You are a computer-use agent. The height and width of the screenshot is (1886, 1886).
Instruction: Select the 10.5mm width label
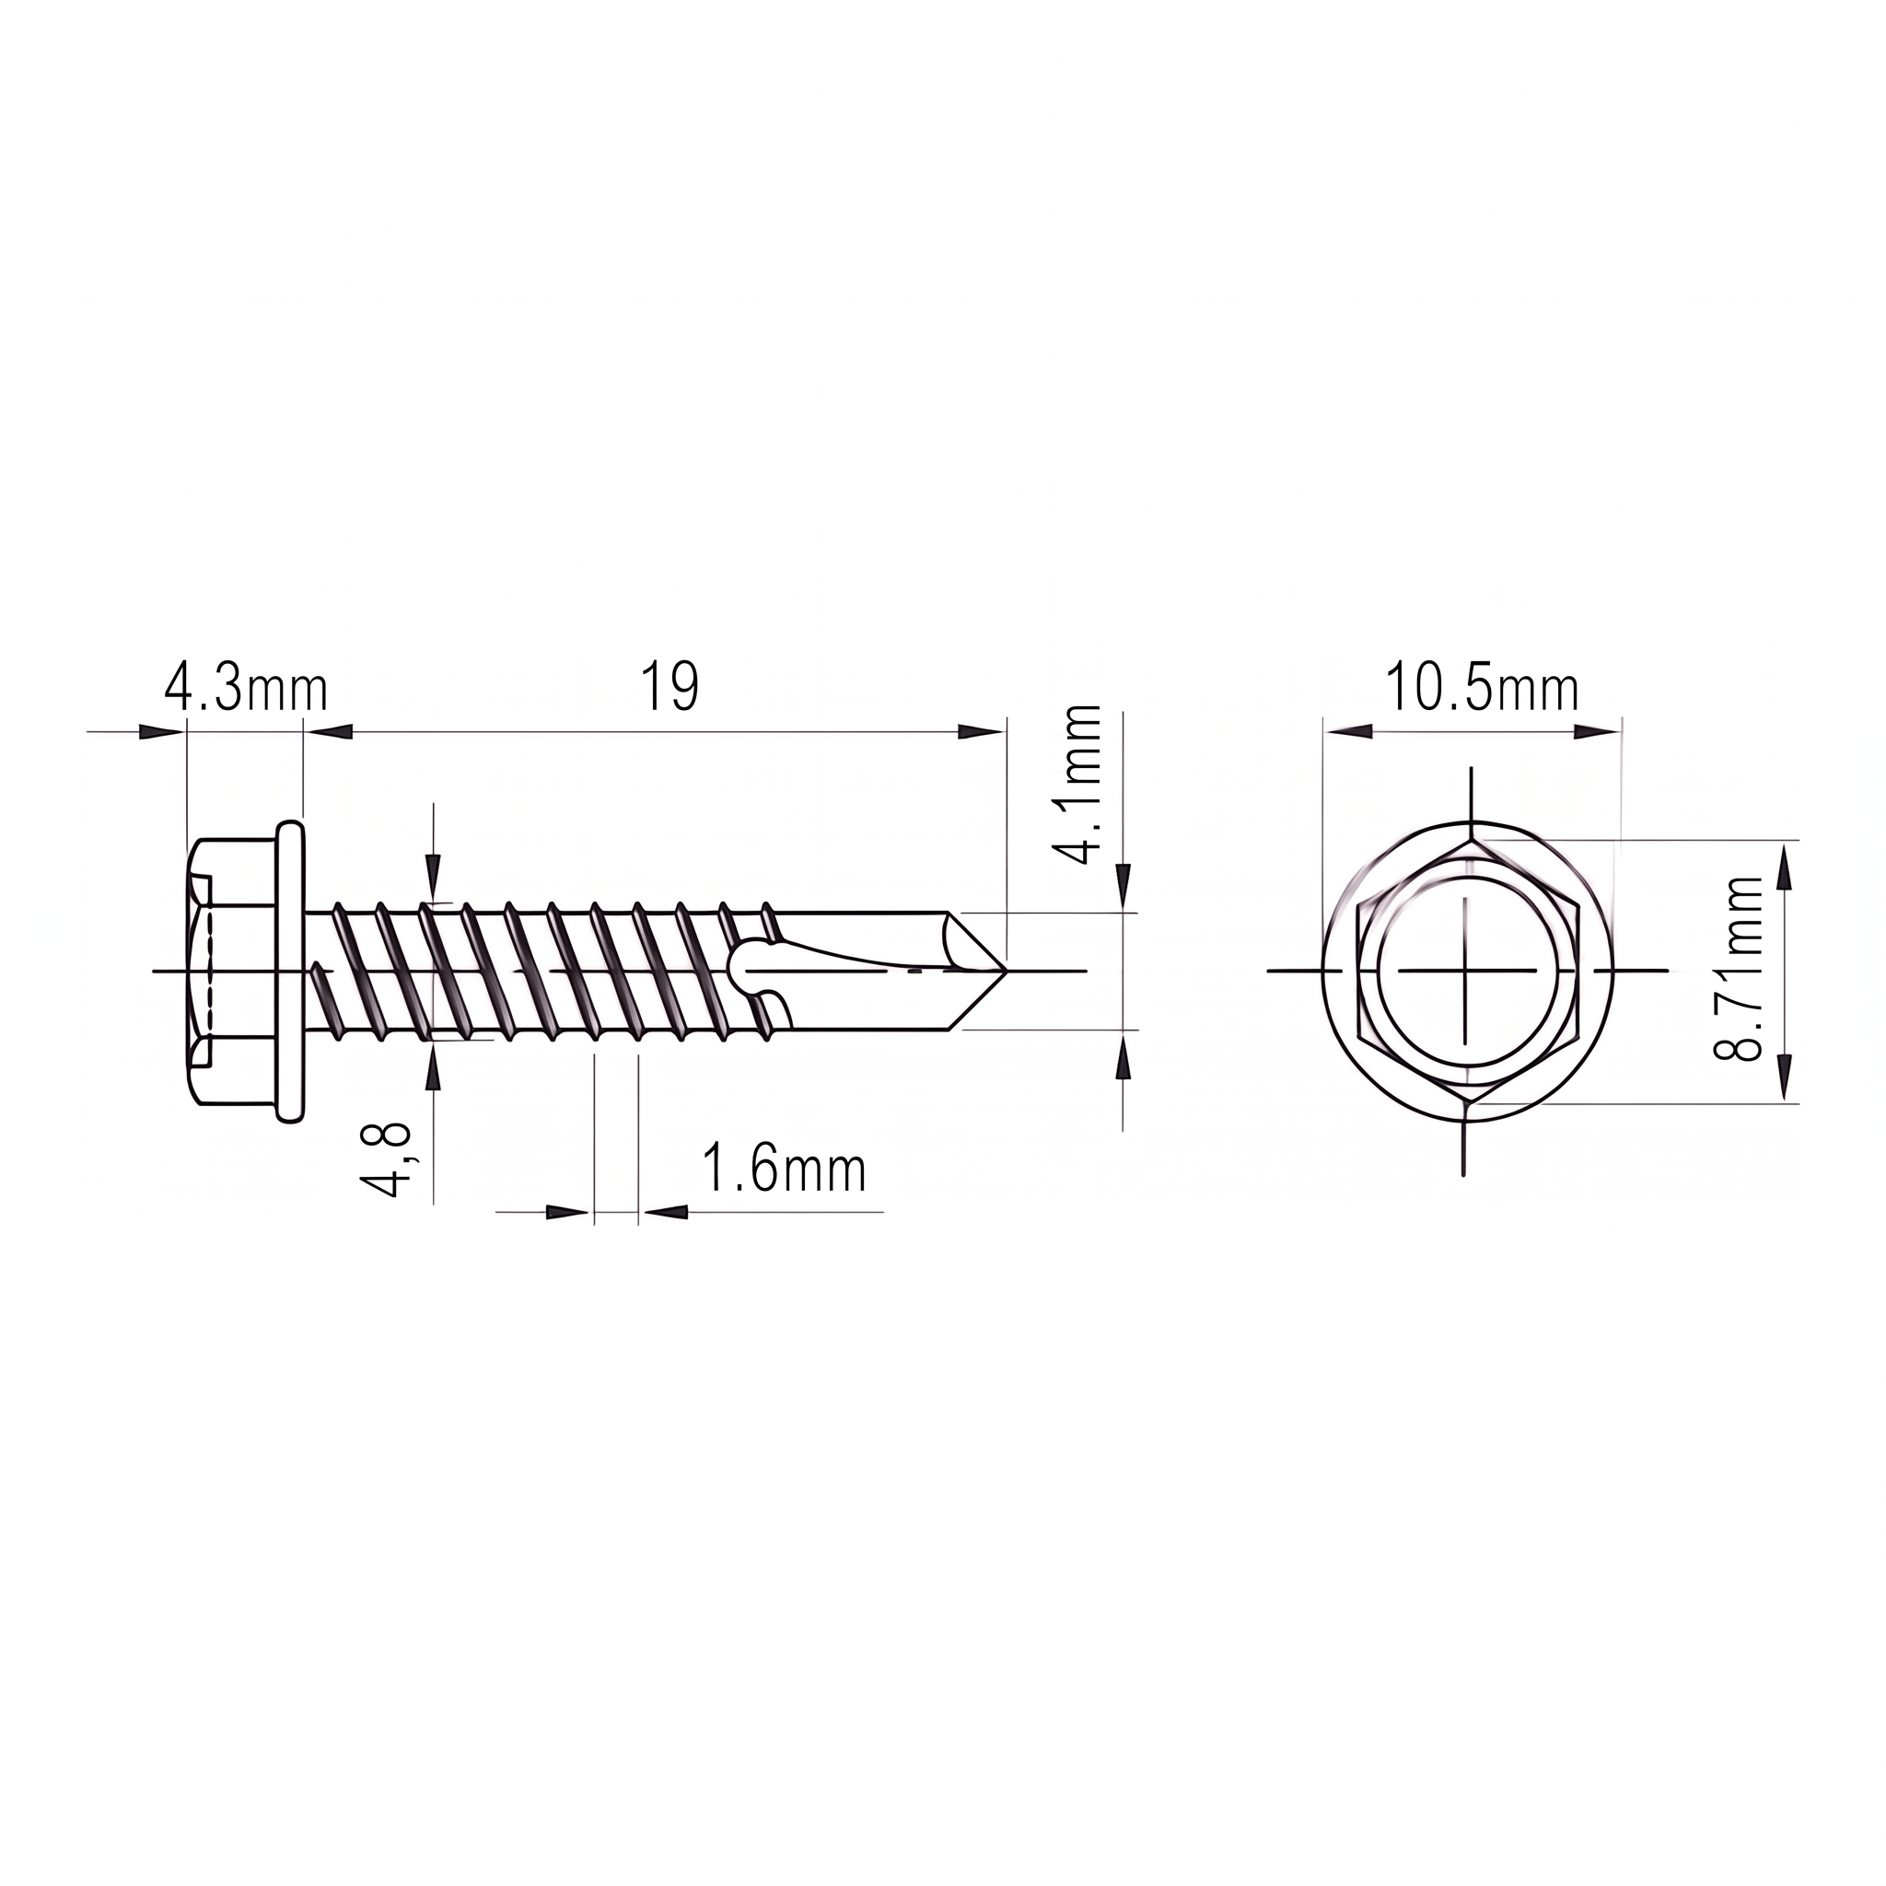pos(1481,689)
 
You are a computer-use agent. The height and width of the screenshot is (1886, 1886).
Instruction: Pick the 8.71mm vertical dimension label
pos(1739,970)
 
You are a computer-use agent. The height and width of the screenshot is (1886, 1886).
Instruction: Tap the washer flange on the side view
pos(291,972)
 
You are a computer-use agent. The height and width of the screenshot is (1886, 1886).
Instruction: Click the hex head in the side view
pos(230,972)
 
